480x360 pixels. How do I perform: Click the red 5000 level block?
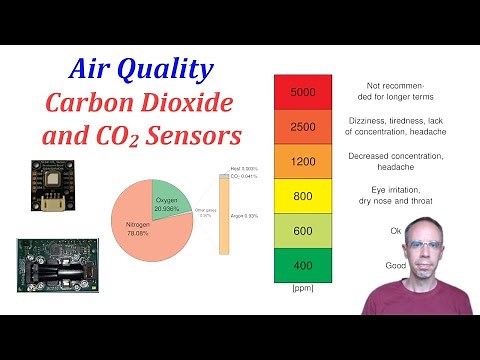click(302, 92)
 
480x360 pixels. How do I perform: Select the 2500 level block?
click(302, 127)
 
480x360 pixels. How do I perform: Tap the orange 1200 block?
click(302, 161)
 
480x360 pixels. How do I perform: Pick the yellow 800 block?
click(302, 196)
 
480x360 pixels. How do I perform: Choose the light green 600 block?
click(302, 231)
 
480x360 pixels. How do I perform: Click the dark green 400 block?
click(302, 265)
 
